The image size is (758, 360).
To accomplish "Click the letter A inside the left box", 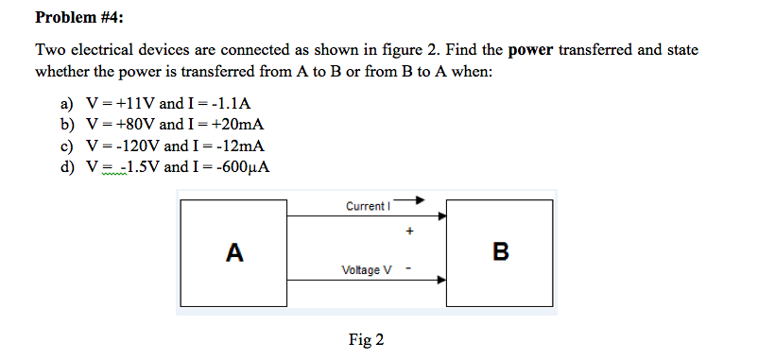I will coord(234,252).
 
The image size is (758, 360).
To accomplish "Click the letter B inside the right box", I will coord(500,252).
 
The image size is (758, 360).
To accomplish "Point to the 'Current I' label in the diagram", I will coord(367,206).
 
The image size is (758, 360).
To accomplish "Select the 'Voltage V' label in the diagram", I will coord(368,270).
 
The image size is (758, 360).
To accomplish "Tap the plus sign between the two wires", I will coord(408,230).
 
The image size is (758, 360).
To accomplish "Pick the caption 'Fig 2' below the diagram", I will coord(367,340).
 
